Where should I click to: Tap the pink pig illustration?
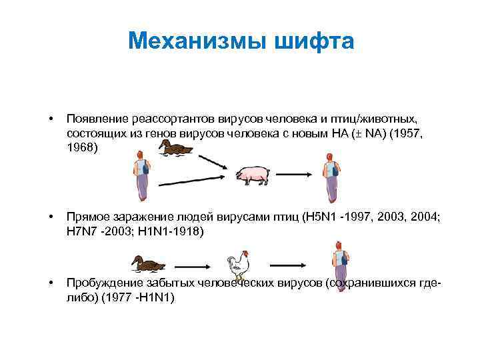point(253,175)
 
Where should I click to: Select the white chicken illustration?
point(237,265)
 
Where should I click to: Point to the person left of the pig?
point(141,176)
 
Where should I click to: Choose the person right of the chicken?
point(341,266)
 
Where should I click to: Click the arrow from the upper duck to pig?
point(213,161)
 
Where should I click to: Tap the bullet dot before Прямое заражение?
point(51,216)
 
